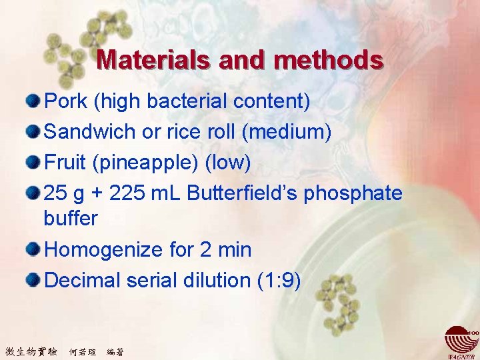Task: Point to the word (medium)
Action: [x=287, y=131]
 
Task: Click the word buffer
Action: [x=71, y=218]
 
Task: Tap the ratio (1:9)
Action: [x=279, y=280]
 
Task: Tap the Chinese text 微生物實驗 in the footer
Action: [x=31, y=351]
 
